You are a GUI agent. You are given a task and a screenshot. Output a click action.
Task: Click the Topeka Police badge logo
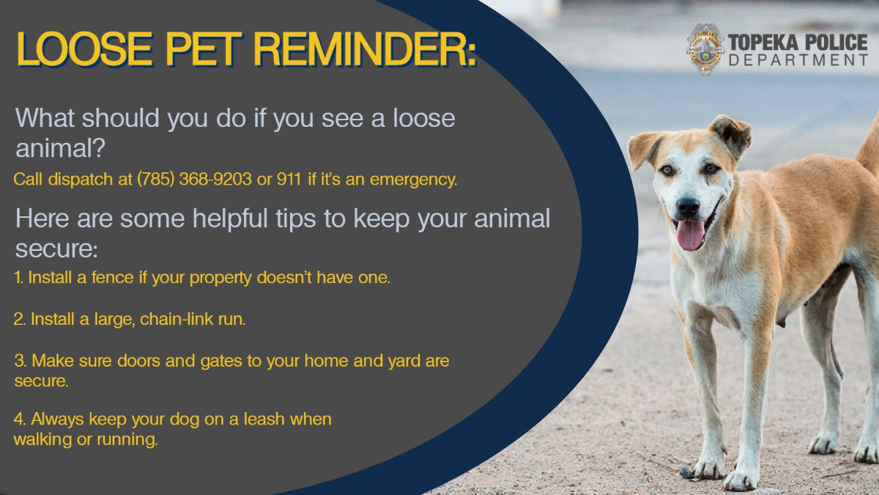click(x=705, y=49)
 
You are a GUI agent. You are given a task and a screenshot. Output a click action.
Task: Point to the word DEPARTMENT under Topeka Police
click(x=798, y=60)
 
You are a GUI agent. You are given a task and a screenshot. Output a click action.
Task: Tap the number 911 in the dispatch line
click(x=289, y=180)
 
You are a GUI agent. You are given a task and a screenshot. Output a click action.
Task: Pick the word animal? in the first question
click(x=61, y=148)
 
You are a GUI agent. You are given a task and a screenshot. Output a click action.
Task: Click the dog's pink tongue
click(x=690, y=235)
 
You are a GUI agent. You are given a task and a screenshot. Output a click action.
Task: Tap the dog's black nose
click(x=688, y=207)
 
